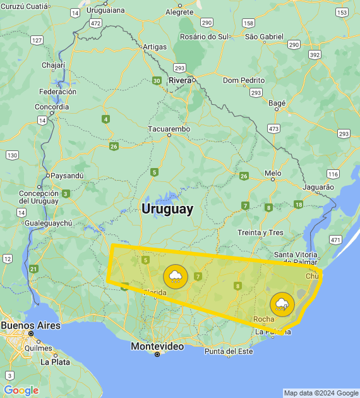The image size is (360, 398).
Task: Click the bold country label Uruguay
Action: (x=167, y=209)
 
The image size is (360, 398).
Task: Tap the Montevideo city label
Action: (x=157, y=346)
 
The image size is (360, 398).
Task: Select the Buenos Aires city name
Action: (x=30, y=325)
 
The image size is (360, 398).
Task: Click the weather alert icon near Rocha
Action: (x=282, y=305)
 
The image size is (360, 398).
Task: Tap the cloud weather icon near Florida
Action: (x=175, y=277)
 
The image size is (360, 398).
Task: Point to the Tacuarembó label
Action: (x=169, y=129)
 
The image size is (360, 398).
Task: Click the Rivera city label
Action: (x=180, y=80)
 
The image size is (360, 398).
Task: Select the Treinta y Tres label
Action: (x=260, y=232)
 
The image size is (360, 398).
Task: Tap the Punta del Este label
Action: (x=228, y=351)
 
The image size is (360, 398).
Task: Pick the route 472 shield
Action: (x=95, y=23)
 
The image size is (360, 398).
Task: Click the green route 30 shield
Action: (x=157, y=81)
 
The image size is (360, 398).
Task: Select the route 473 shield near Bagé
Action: (x=273, y=128)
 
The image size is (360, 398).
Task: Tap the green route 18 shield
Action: (x=298, y=204)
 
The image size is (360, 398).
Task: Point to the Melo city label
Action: (x=273, y=172)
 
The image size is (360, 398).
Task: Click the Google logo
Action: (x=21, y=390)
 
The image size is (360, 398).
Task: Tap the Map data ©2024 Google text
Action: (x=320, y=393)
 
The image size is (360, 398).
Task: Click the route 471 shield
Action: (x=335, y=240)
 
